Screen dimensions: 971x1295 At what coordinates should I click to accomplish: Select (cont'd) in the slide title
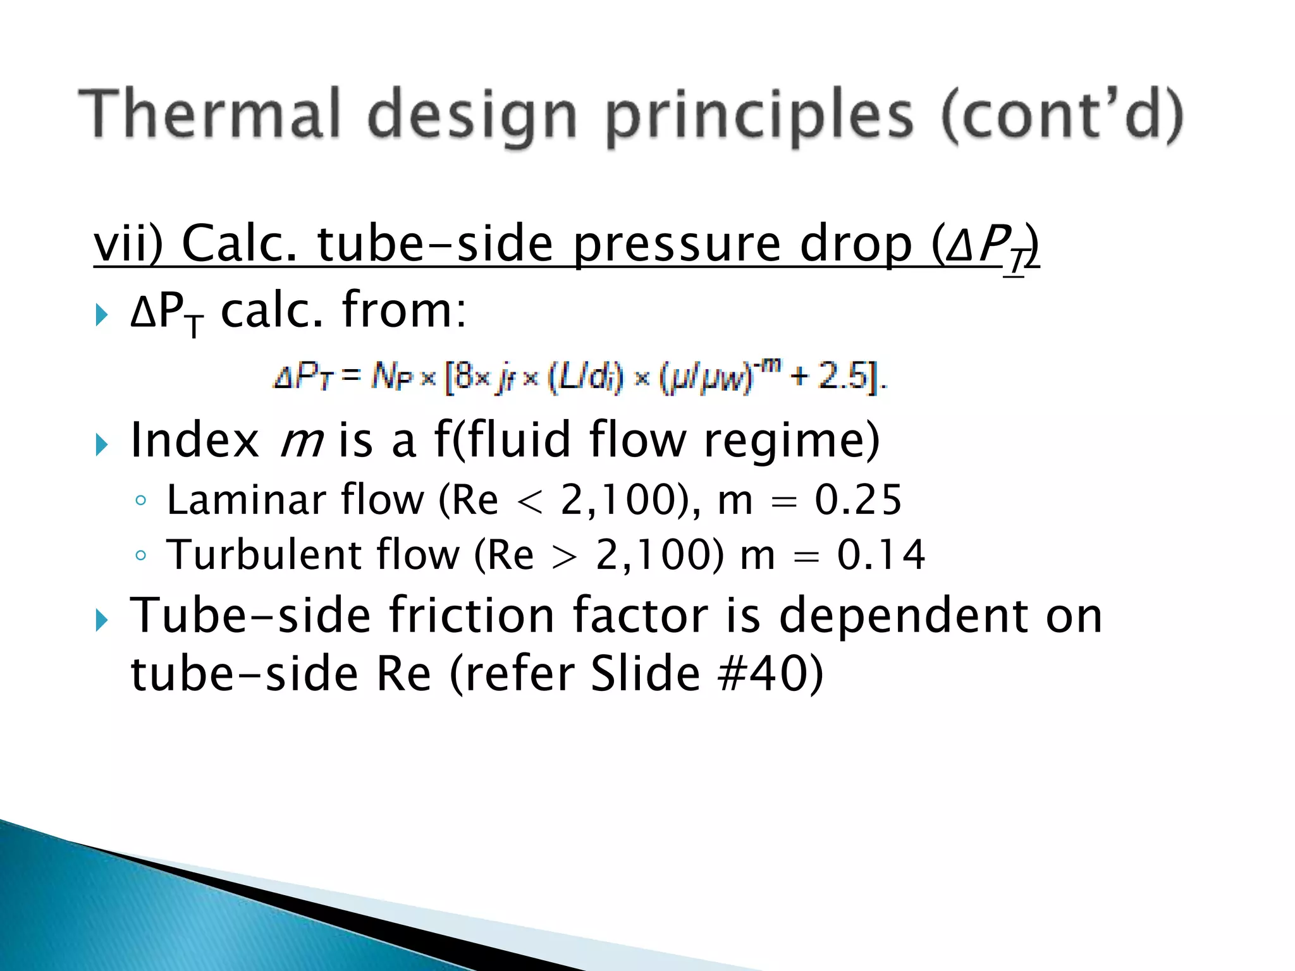click(x=1062, y=115)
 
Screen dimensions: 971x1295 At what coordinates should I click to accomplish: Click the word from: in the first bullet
click(x=405, y=310)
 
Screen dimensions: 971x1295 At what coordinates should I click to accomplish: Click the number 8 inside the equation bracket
click(x=464, y=377)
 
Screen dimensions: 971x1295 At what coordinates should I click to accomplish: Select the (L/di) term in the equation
click(x=585, y=377)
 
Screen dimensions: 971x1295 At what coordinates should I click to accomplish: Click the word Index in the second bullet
click(x=195, y=440)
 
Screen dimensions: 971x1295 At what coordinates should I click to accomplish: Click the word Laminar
click(x=245, y=501)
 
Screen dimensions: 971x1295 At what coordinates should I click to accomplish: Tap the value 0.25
click(x=857, y=501)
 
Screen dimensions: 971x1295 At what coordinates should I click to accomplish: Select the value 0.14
click(x=881, y=555)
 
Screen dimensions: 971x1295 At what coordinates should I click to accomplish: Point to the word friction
click(x=472, y=616)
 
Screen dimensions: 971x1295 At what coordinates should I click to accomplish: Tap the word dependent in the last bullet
click(x=904, y=616)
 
